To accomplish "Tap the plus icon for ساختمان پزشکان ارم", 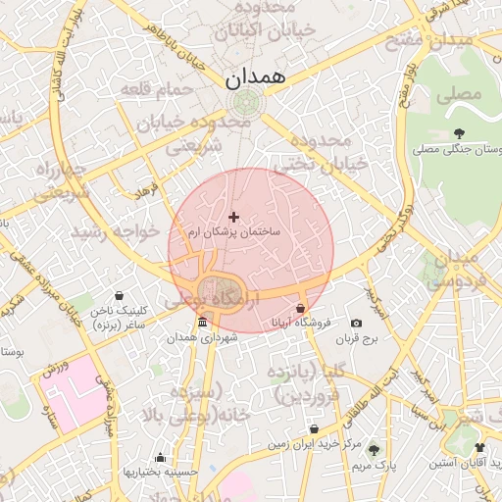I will (x=233, y=216).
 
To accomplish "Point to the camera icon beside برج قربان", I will (x=355, y=324).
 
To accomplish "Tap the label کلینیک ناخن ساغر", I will (x=119, y=317).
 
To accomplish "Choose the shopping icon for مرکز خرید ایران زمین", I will (x=314, y=429).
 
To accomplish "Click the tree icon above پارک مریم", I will (x=374, y=450).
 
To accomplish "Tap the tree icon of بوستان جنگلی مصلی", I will (x=459, y=133).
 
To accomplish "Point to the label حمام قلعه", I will (x=157, y=90).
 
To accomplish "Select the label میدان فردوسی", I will (x=452, y=269).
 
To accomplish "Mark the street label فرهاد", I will (x=146, y=190).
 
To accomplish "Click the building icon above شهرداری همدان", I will (x=202, y=323).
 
